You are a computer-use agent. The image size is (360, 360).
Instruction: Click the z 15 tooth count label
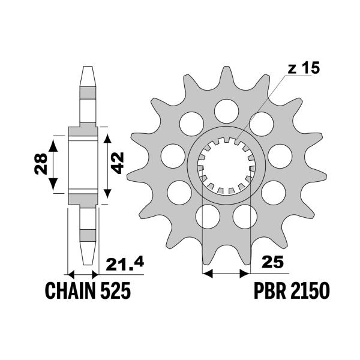point(304,68)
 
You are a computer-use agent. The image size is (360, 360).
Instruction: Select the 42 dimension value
point(119,162)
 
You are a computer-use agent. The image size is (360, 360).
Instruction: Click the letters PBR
point(269,292)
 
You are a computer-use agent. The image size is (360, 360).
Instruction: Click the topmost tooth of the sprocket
point(226,75)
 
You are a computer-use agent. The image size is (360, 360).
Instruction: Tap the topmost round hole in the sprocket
point(226,109)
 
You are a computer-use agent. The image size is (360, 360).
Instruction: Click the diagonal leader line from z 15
point(264,108)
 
